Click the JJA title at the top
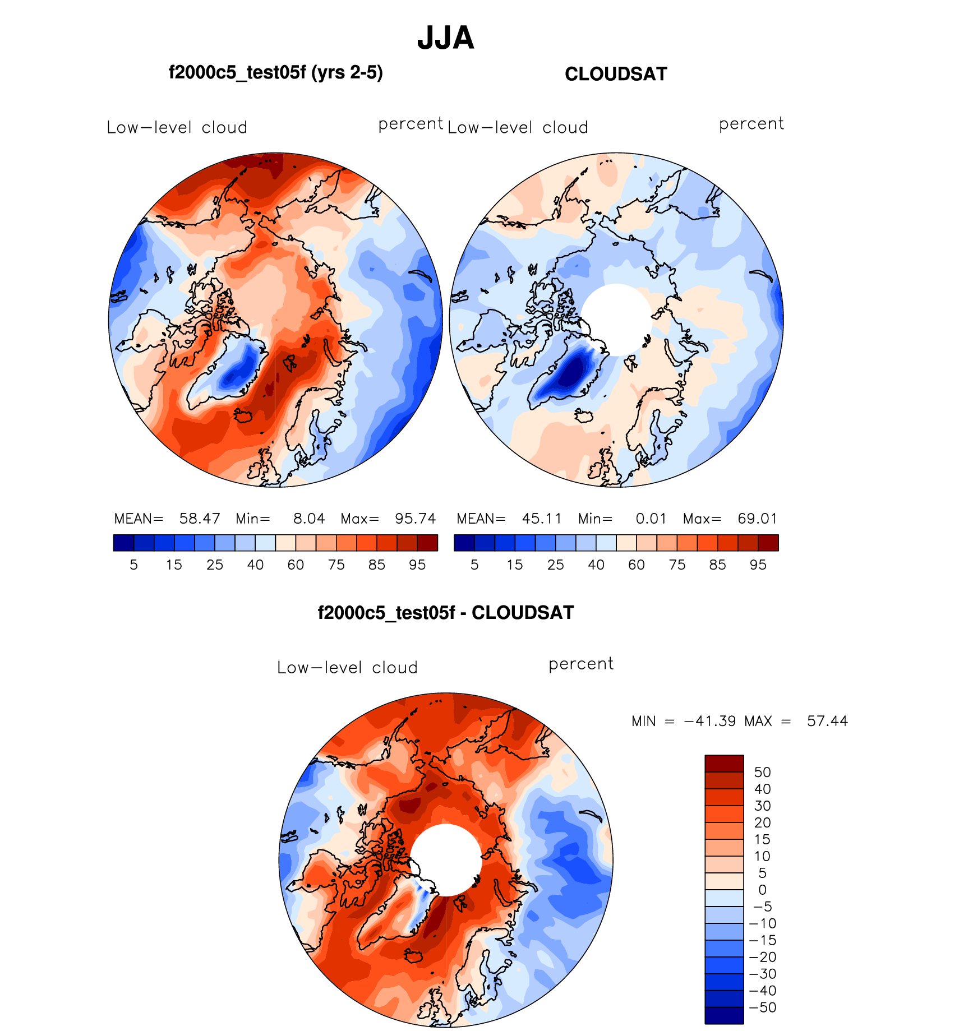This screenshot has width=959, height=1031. pos(445,38)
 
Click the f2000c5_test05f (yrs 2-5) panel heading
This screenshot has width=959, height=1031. pos(275,73)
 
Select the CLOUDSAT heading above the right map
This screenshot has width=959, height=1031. pos(616,74)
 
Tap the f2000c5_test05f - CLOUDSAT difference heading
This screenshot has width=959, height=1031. pos(446,612)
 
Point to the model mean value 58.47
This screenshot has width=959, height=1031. pos(199,519)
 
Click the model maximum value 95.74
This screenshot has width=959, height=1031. pos(415,519)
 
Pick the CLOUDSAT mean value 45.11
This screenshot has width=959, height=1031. pos(542,519)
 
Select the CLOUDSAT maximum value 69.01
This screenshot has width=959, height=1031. pos(757,519)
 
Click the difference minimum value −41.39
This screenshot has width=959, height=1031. pos(710,721)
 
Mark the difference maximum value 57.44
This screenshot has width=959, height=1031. pos(827,721)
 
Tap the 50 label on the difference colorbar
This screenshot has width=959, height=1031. pos(762,773)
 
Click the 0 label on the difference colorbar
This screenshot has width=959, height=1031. pos(762,890)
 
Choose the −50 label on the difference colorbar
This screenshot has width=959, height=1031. pos(763,1007)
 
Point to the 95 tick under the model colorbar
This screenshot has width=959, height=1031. pos(417,565)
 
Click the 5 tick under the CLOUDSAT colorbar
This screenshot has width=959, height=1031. pos(474,565)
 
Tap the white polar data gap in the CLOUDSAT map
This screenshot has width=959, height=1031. pos(616,318)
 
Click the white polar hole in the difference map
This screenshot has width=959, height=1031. pos(446,859)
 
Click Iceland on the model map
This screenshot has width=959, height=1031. pos(243,416)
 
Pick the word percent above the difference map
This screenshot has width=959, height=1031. pos(581,664)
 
